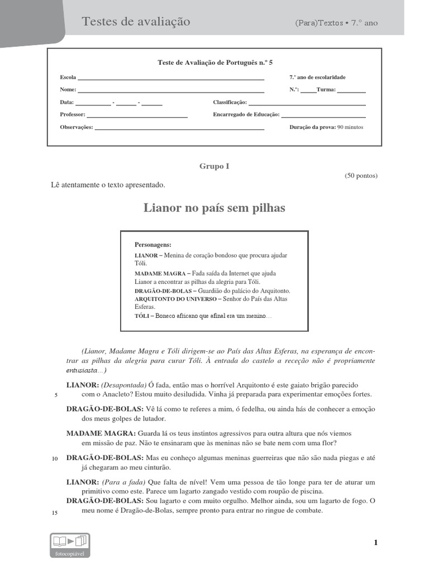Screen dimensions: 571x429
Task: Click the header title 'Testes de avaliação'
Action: (x=136, y=22)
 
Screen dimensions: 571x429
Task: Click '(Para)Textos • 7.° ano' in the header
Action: (x=336, y=23)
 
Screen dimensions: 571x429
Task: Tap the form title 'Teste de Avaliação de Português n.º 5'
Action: (x=215, y=63)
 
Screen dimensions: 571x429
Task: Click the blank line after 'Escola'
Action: (x=171, y=79)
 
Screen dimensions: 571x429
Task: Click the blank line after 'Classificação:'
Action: (x=307, y=104)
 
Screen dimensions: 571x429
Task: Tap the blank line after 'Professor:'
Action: (x=137, y=115)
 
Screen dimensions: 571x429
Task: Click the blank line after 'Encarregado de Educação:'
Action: (x=323, y=115)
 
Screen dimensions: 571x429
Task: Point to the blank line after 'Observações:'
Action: (x=179, y=128)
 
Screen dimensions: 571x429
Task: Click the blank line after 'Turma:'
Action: (x=351, y=91)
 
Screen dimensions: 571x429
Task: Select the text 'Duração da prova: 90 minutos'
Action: (x=326, y=127)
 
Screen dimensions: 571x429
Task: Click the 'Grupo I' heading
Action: (x=214, y=166)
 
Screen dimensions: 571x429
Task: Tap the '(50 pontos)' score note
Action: (x=361, y=176)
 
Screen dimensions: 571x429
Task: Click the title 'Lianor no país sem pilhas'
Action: (x=214, y=208)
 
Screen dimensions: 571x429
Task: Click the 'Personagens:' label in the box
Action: (x=153, y=244)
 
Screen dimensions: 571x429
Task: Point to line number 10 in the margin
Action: (x=55, y=459)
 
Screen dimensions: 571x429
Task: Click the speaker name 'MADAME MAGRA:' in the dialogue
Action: (x=101, y=433)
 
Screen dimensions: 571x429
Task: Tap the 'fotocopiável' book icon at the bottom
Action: (x=69, y=544)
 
